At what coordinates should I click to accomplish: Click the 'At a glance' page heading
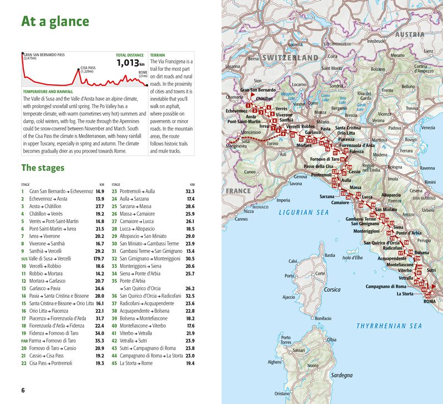[55, 22]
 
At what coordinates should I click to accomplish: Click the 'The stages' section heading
[43, 168]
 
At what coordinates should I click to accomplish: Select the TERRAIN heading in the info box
[158, 55]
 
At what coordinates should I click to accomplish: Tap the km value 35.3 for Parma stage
[99, 340]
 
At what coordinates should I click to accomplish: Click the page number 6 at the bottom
[23, 390]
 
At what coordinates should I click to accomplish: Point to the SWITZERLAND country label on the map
[291, 58]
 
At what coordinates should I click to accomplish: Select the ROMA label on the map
[430, 301]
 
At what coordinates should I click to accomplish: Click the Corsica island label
[332, 289]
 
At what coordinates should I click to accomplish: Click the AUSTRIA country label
[410, 34]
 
